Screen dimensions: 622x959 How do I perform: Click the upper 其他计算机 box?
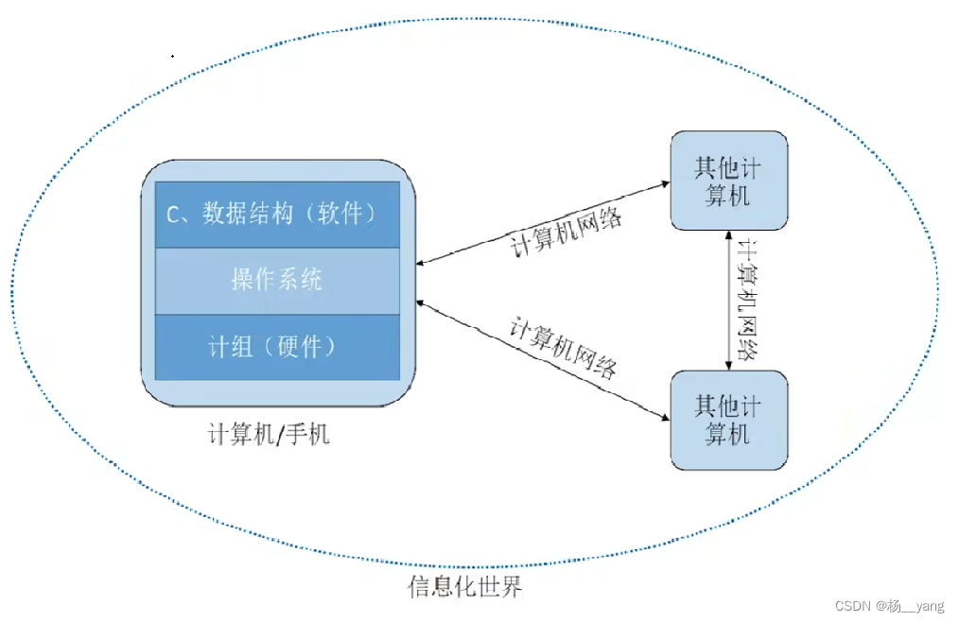coord(728,181)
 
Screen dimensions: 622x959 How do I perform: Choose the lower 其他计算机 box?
coord(728,420)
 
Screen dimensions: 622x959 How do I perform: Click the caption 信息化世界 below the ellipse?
coord(464,587)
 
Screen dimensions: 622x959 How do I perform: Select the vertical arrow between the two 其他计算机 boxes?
coord(727,301)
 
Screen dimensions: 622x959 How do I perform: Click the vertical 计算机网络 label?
coord(747,301)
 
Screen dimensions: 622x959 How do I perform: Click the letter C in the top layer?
coord(173,216)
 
